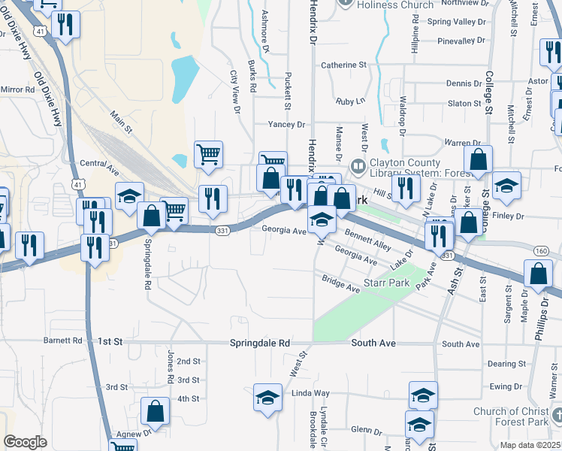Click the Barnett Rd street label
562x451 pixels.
62,341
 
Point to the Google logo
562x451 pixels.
25,442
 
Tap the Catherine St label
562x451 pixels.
343,65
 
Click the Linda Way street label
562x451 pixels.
310,393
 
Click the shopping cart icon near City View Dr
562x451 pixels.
208,154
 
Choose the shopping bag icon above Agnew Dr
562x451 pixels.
156,410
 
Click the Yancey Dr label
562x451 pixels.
288,125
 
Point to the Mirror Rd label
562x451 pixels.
18,89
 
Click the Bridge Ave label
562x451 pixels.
341,285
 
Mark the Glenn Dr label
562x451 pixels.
367,431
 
